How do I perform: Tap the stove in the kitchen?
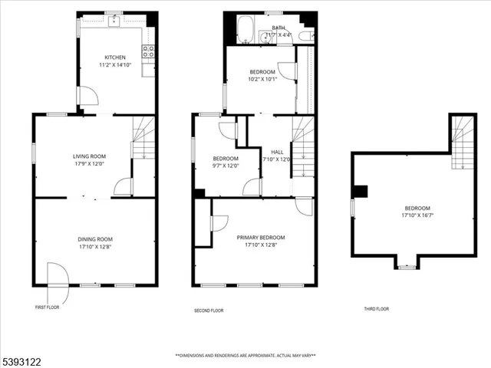click(x=148, y=51)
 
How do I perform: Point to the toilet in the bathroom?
click(x=305, y=36)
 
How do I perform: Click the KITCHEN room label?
click(x=115, y=58)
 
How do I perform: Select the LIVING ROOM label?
click(x=88, y=156)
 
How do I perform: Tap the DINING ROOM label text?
click(x=95, y=239)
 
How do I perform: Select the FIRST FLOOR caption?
click(x=47, y=307)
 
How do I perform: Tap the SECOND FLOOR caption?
click(x=208, y=310)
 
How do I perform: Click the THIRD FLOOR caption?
click(x=376, y=309)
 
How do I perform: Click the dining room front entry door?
click(x=54, y=276)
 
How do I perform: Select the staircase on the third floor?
click(x=463, y=142)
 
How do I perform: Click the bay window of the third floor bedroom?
click(x=407, y=264)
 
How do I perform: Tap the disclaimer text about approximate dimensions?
click(x=245, y=356)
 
